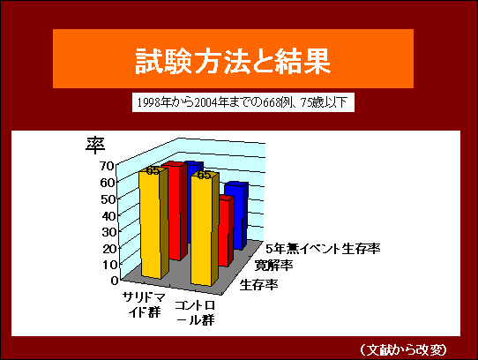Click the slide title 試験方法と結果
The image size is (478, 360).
233,61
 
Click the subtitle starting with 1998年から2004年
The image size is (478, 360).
243,102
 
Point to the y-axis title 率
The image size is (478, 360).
95,145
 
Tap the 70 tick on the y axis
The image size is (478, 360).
107,166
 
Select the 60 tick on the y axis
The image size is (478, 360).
107,183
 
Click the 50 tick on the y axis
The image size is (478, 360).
107,199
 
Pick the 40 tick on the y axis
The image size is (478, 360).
107,216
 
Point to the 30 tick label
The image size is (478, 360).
107,232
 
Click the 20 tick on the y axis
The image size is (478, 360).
107,249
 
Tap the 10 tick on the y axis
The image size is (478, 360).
107,265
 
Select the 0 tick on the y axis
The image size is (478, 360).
114,281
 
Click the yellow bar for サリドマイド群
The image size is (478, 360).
153,223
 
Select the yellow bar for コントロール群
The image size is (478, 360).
205,229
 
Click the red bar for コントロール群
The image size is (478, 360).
226,231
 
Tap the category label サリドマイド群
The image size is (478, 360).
144,304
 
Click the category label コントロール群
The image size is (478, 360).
195,312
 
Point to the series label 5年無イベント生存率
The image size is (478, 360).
323,249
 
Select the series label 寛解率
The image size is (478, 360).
273,265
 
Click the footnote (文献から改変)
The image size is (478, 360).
403,349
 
